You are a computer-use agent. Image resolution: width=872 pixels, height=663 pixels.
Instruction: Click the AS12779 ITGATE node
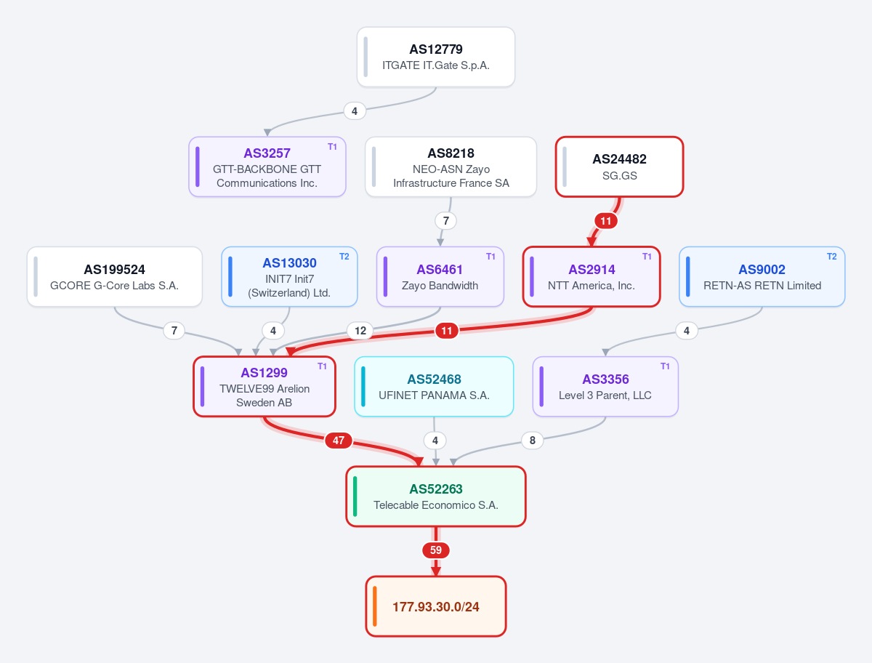pos(436,57)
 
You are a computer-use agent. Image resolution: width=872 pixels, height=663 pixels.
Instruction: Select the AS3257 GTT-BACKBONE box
pos(267,167)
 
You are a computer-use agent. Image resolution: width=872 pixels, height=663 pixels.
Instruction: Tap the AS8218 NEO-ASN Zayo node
pos(451,167)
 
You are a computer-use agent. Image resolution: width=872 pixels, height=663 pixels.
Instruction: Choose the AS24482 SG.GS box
pos(619,167)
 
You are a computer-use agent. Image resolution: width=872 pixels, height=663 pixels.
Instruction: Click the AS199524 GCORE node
pos(114,276)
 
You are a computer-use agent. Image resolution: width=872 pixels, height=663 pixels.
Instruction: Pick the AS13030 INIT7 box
pos(289,276)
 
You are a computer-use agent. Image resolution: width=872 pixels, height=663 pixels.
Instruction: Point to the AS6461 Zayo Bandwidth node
pos(440,276)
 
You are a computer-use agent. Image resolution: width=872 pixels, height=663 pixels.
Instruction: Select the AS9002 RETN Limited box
pos(762,276)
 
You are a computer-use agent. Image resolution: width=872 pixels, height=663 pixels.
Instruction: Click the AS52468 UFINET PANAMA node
pos(434,387)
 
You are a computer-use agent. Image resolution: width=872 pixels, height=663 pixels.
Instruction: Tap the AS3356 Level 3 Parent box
pos(605,387)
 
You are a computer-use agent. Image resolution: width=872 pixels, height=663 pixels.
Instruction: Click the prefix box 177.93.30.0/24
pos(436,606)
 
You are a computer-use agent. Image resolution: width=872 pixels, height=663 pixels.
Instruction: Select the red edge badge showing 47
pos(339,441)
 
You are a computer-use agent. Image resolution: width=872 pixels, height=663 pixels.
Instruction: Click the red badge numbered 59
pos(436,550)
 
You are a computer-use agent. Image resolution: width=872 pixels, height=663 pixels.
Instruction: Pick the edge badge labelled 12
pos(360,331)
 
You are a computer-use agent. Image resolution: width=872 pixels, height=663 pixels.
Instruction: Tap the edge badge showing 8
pos(533,440)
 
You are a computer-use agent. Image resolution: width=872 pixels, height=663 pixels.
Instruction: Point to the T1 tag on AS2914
pos(647,257)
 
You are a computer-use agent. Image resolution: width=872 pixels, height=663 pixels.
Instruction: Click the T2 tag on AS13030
pos(344,257)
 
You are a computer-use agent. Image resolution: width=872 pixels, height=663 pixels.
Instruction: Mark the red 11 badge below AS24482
pos(606,221)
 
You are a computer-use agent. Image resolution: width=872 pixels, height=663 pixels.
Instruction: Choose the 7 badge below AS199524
pos(174,331)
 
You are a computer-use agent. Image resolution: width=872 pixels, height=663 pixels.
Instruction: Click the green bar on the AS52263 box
pos(355,497)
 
